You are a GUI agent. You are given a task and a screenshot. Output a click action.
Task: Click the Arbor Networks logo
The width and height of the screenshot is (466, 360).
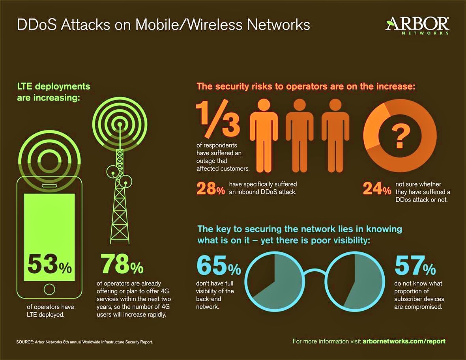tap(417, 25)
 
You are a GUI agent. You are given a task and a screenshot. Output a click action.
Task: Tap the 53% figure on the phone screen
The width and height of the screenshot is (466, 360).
tap(50, 264)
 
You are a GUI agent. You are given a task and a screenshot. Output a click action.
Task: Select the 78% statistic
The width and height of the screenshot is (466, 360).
tap(122, 263)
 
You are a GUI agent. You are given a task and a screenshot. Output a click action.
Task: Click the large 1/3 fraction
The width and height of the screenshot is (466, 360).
tap(218, 118)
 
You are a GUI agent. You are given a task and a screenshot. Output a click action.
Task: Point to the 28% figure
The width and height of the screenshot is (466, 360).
tap(211, 188)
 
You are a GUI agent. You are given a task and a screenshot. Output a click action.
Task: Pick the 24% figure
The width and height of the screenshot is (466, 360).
tap(377, 188)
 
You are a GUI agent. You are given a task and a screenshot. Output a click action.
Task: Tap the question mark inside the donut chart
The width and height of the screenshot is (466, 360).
tap(400, 136)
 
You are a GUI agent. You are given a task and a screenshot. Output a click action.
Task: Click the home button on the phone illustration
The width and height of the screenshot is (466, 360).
tap(49, 289)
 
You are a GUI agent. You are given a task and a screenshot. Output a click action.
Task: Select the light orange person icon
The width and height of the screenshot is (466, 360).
tap(264, 136)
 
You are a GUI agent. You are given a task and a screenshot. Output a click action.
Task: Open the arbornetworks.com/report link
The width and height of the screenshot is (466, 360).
tap(404, 341)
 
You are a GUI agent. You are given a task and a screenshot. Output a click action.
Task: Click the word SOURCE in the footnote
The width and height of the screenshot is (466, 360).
tap(25, 342)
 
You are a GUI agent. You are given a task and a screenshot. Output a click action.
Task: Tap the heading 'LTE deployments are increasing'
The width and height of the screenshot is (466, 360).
tap(54, 92)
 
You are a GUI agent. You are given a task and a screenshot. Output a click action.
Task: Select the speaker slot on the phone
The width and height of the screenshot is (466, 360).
tap(49, 186)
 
